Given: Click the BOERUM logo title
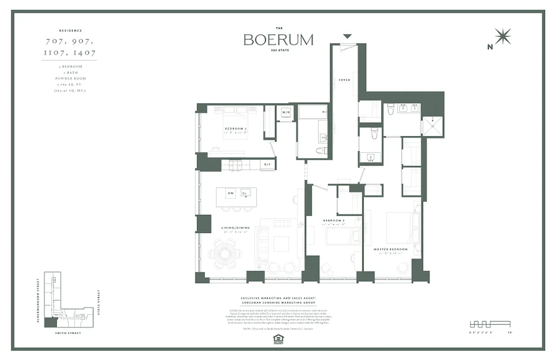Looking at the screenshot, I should click(x=278, y=40).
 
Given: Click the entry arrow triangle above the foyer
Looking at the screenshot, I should click(x=347, y=36).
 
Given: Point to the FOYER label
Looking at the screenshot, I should click(x=344, y=80).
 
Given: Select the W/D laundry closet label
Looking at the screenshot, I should click(x=285, y=112).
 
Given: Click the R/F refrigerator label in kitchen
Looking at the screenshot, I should click(x=267, y=165).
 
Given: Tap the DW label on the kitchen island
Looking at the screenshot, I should click(x=230, y=193).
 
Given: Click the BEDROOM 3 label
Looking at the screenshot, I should click(x=235, y=129).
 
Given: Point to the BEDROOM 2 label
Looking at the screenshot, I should click(x=334, y=220).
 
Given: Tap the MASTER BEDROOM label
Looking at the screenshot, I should click(x=390, y=249).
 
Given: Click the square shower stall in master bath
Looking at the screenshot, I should click(x=431, y=126).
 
